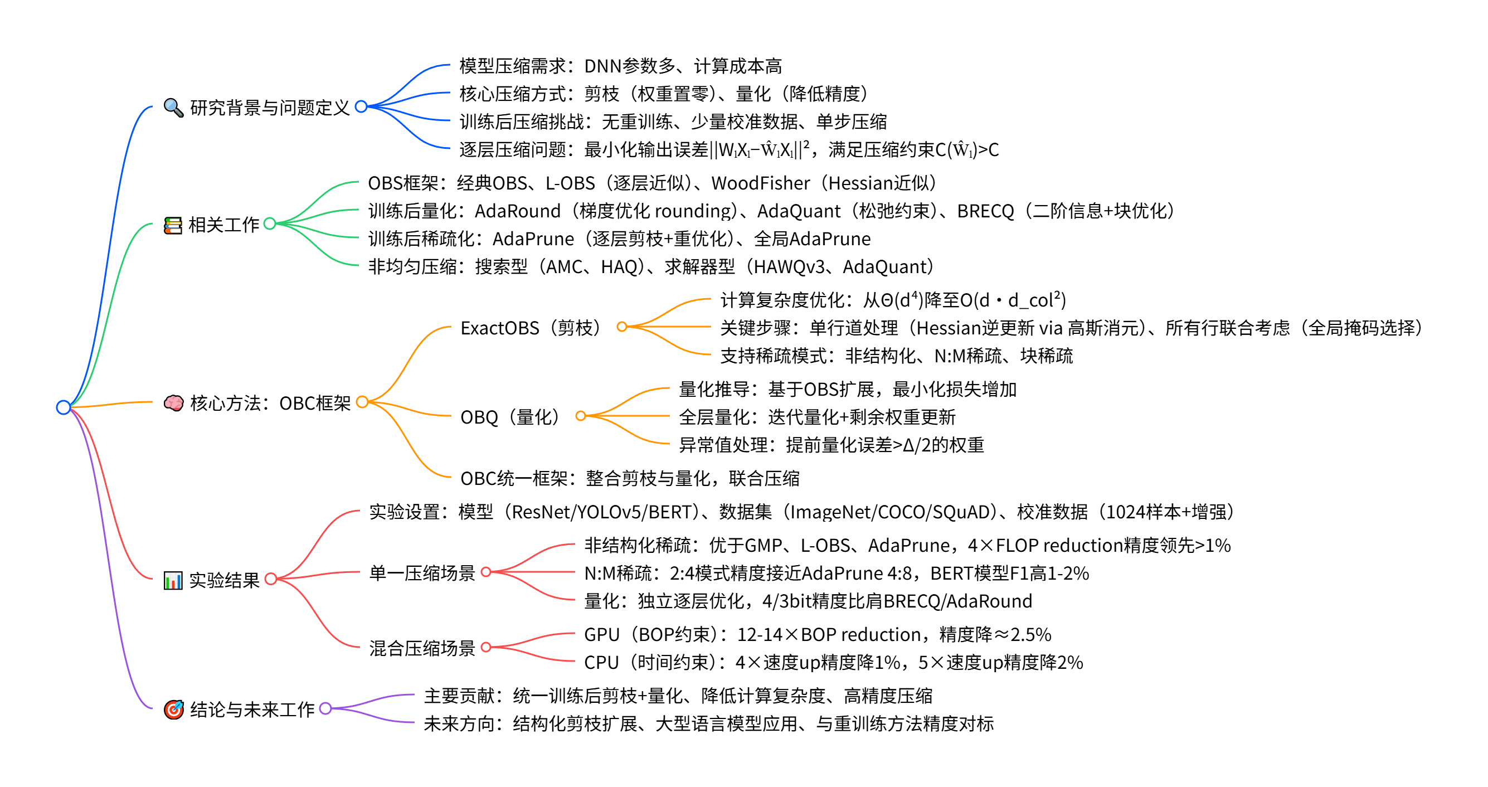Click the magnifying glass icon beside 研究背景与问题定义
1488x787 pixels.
click(173, 108)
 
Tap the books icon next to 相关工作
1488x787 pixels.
click(173, 225)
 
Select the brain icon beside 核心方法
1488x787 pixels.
click(173, 403)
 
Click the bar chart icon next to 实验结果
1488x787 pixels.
click(173, 580)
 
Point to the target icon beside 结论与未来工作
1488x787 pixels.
click(173, 709)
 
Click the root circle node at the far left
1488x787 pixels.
click(64, 407)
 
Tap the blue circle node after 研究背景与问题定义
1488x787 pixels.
click(361, 106)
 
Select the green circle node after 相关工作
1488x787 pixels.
click(270, 224)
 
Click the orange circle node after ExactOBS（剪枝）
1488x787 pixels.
click(621, 327)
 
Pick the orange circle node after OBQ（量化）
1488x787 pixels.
click(581, 416)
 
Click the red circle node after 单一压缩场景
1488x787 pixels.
click(486, 572)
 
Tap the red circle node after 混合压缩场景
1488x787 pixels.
click(486, 647)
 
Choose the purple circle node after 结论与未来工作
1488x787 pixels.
click(325, 708)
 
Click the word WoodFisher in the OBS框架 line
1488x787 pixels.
click(760, 183)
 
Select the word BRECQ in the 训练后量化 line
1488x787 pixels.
click(985, 211)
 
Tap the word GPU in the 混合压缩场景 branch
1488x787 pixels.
click(601, 634)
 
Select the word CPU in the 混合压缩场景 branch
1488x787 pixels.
click(601, 662)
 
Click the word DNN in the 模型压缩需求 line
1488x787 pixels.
click(602, 66)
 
